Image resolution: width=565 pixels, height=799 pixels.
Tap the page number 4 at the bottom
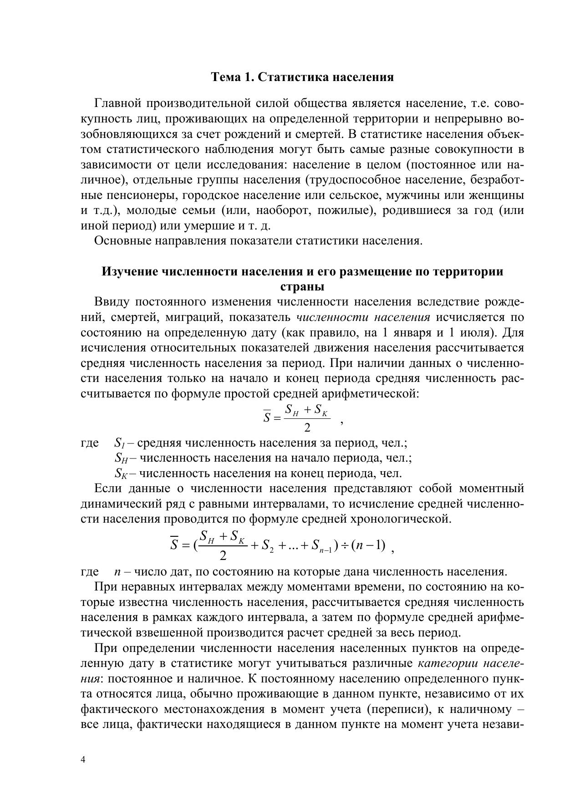83,759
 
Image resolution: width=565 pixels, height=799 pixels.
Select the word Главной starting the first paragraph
117,104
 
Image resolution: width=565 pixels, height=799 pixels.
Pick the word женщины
502,196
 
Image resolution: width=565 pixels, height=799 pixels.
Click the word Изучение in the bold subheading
129,272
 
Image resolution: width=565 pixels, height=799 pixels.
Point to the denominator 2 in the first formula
307,427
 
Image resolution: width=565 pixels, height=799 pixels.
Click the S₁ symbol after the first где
119,443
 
